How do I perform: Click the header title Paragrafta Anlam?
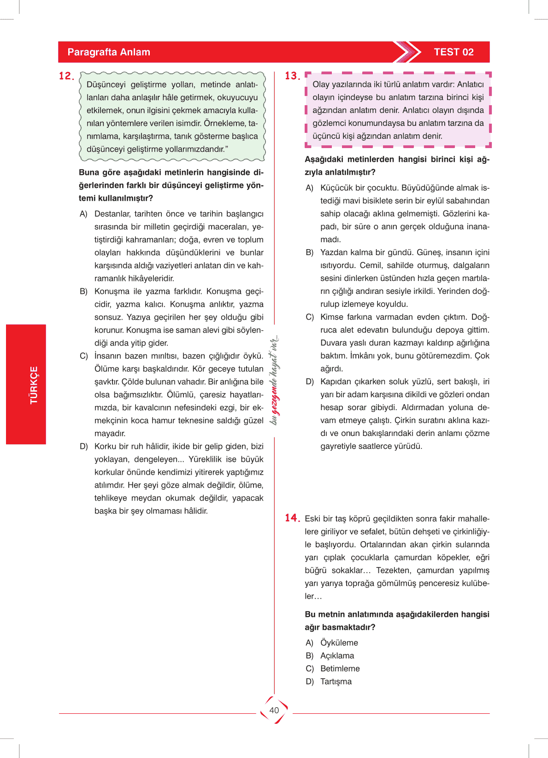(109, 52)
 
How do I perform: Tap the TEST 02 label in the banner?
(454, 52)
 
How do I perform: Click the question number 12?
(66, 76)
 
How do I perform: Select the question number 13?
(292, 76)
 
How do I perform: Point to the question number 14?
(292, 518)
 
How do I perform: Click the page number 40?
(274, 710)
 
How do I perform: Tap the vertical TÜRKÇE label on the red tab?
(34, 385)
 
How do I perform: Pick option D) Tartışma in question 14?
(336, 681)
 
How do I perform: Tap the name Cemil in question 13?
(371, 265)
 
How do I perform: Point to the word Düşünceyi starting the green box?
(106, 85)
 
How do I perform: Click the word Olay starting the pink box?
(320, 84)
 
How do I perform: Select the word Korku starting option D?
(105, 447)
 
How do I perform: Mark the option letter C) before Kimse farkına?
(310, 317)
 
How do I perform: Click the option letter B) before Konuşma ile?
(83, 292)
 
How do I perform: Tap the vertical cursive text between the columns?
(274, 381)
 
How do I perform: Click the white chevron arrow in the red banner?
(408, 52)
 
